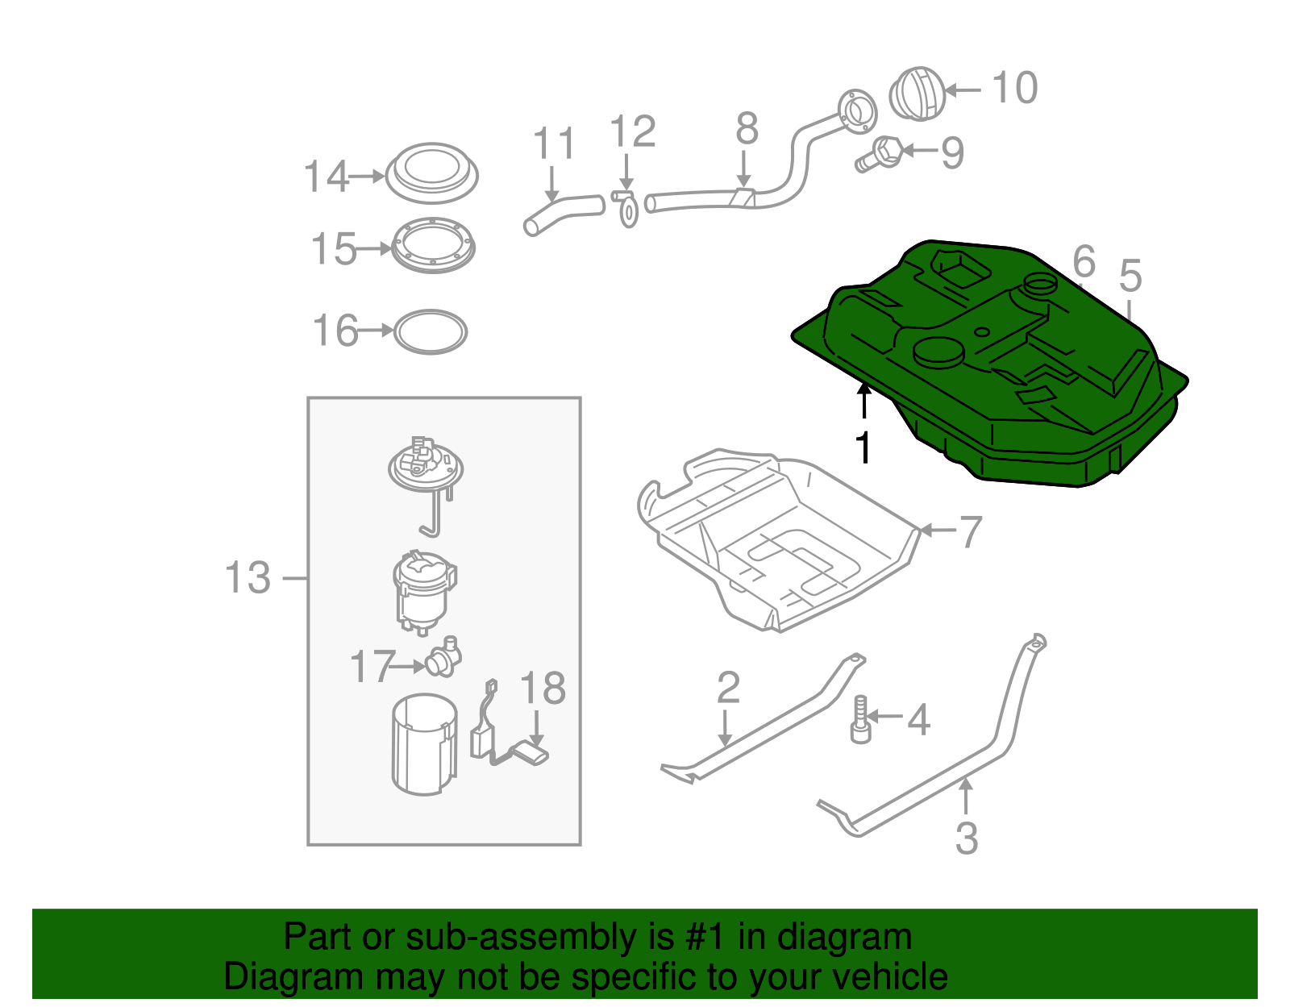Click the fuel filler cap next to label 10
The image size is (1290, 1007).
coord(917,94)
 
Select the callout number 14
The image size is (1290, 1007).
coord(326,177)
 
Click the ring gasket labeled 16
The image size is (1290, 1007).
coord(431,331)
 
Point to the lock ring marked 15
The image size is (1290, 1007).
coord(433,246)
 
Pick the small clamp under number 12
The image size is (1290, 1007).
coord(626,209)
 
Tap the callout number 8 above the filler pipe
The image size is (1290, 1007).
coord(747,128)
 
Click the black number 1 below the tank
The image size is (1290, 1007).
coord(863,447)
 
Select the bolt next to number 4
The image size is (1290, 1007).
coord(860,721)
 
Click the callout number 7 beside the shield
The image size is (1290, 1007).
coord(970,531)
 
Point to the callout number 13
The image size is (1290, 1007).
coord(248,578)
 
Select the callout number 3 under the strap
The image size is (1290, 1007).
coord(967,838)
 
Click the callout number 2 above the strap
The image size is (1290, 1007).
coord(728,688)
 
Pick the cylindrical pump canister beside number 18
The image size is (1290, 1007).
coord(423,746)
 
